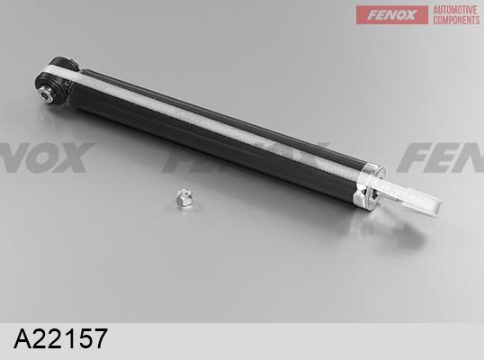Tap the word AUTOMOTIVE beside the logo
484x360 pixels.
click(456, 9)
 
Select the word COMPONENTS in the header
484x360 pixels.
click(456, 21)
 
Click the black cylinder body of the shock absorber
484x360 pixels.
click(207, 135)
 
